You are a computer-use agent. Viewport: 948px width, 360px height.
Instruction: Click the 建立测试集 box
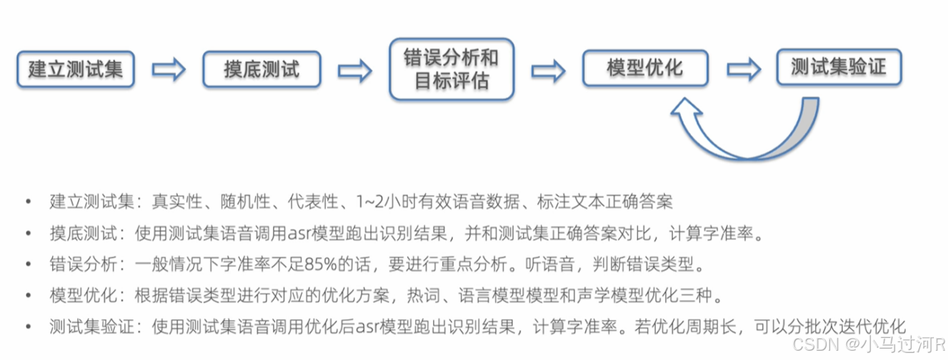click(x=76, y=69)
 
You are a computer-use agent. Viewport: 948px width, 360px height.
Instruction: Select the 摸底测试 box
click(x=261, y=69)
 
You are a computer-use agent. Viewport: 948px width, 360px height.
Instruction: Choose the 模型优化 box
click(x=645, y=69)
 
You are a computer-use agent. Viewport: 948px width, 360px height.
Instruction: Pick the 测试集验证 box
click(x=839, y=68)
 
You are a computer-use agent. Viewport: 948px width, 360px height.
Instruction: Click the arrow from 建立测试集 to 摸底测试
click(x=169, y=69)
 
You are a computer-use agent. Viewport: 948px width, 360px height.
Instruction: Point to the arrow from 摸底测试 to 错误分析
click(x=354, y=69)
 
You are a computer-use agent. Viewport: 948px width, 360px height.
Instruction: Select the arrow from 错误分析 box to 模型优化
click(x=548, y=69)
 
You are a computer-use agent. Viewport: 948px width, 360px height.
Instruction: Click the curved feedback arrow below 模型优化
click(x=736, y=136)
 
